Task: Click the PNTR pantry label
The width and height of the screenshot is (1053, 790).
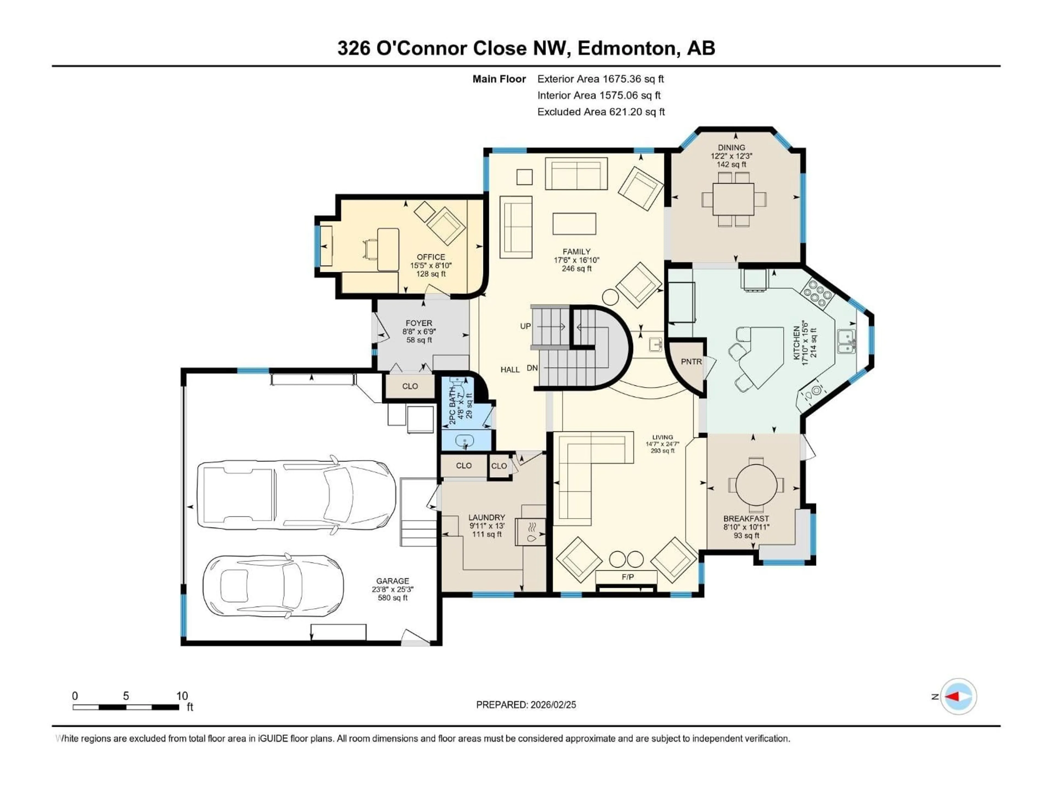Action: [x=691, y=362]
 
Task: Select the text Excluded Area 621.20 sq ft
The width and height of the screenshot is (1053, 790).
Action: [x=601, y=112]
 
